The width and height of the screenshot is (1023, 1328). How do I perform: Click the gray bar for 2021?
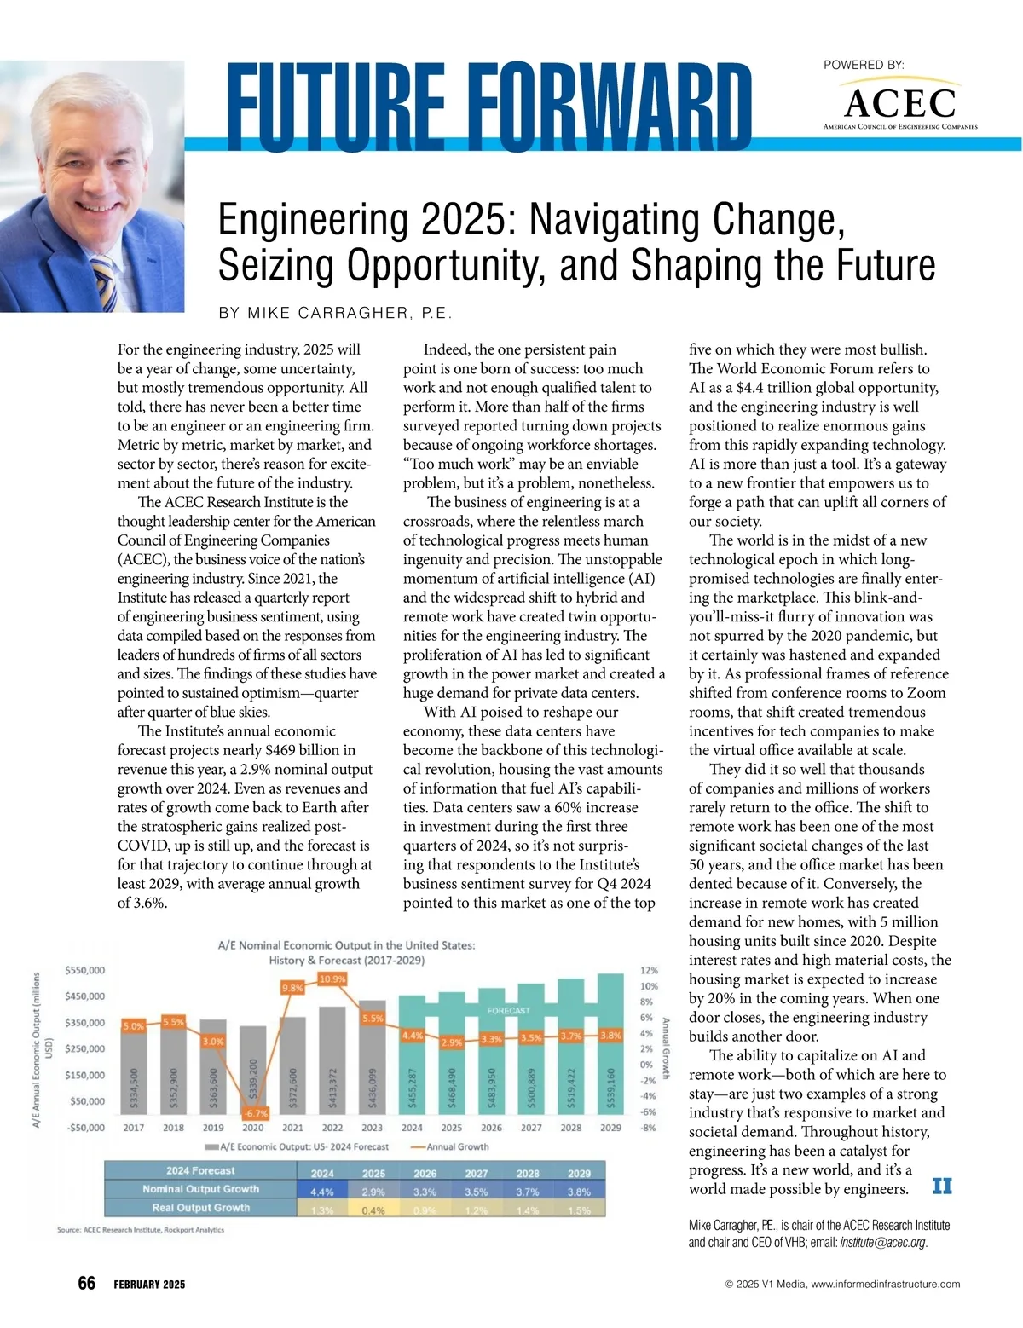pyautogui.click(x=292, y=1063)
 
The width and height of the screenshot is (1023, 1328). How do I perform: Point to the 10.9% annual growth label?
pyautogui.click(x=332, y=979)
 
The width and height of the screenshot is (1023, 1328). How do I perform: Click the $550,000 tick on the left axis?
pyautogui.click(x=84, y=970)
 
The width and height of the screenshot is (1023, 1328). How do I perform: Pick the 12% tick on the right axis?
pyautogui.click(x=649, y=970)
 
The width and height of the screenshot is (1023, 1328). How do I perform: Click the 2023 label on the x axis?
pyautogui.click(x=372, y=1127)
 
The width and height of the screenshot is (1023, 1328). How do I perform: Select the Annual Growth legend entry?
pyautogui.click(x=452, y=1146)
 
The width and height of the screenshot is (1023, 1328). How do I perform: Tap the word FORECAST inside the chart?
pyautogui.click(x=508, y=1010)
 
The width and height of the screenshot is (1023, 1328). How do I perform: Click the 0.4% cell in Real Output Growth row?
pyautogui.click(x=373, y=1210)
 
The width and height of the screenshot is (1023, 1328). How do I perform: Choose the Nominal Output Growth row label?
pyautogui.click(x=200, y=1189)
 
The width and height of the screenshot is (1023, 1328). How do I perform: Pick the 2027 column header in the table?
pyautogui.click(x=477, y=1173)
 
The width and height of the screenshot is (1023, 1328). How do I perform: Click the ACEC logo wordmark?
pyautogui.click(x=900, y=104)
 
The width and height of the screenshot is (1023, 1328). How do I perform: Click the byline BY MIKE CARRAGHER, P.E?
pyautogui.click(x=335, y=313)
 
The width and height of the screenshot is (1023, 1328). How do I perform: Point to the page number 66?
pyautogui.click(x=87, y=1284)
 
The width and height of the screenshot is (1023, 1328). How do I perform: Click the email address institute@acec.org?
pyautogui.click(x=881, y=1243)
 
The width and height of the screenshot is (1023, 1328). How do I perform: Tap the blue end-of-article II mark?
pyautogui.click(x=941, y=1187)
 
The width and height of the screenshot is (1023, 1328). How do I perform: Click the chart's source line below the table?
pyautogui.click(x=141, y=1230)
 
